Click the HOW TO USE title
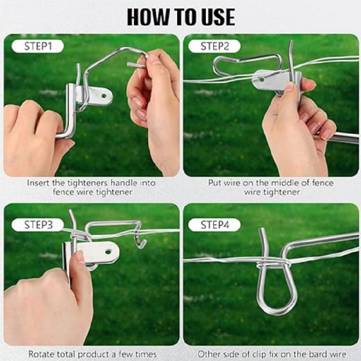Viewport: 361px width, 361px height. click(x=180, y=17)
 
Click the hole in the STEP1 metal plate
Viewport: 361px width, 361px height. click(x=104, y=95)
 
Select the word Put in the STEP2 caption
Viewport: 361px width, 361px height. click(x=215, y=183)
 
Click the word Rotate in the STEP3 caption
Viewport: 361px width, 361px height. click(x=41, y=354)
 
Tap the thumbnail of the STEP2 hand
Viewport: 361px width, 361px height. click(x=289, y=87)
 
